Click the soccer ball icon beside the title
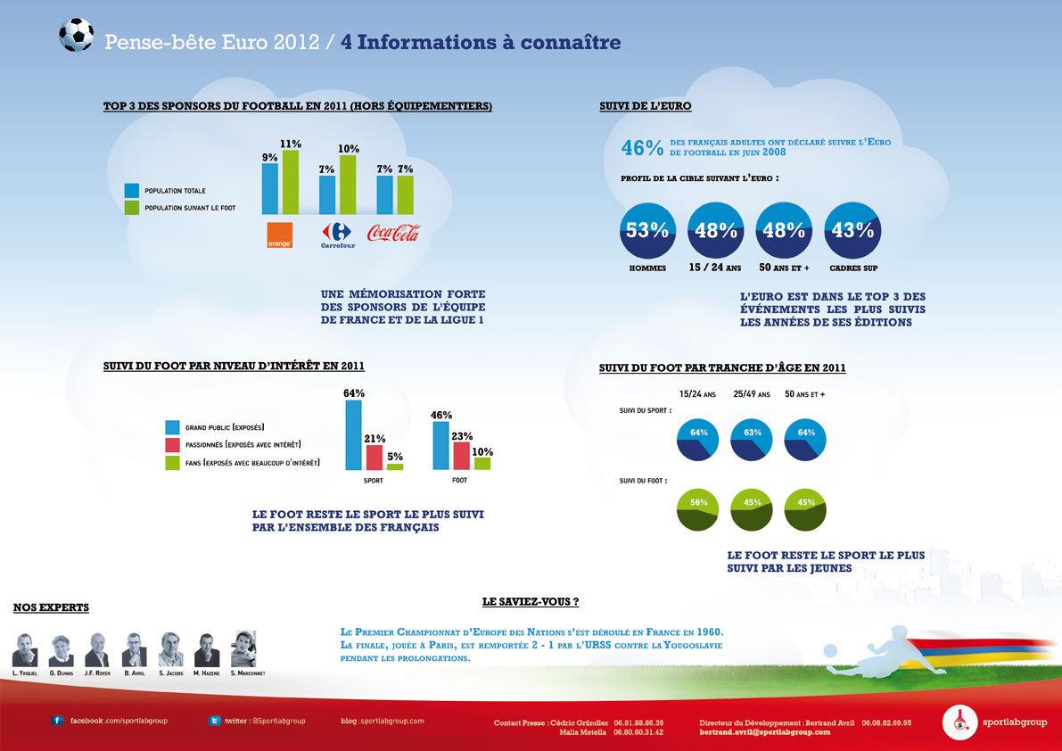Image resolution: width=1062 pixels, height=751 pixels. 76,36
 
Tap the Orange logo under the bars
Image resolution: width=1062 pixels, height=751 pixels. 280,235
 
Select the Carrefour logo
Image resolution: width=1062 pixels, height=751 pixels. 337,235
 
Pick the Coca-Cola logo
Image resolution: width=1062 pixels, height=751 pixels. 393,234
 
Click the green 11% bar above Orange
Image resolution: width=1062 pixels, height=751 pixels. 290,183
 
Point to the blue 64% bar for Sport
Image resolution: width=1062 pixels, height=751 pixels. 354,435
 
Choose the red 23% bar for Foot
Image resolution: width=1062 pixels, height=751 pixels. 462,455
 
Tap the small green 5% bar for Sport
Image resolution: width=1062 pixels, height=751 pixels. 395,466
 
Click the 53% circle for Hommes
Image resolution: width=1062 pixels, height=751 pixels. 647,231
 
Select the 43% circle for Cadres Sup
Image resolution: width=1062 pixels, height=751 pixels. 852,231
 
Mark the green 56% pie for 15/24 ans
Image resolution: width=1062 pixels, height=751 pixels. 698,509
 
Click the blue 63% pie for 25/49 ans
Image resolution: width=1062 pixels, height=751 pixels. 752,440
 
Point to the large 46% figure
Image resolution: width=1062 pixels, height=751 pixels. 642,148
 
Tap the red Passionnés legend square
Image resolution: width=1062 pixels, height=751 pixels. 173,444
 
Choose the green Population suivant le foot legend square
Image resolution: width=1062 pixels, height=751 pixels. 132,208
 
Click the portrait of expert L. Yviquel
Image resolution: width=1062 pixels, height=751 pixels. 25,649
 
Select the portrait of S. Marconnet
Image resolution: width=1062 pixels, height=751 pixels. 243,649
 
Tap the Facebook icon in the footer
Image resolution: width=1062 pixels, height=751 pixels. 58,720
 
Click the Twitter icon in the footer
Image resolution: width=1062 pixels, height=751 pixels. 215,720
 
